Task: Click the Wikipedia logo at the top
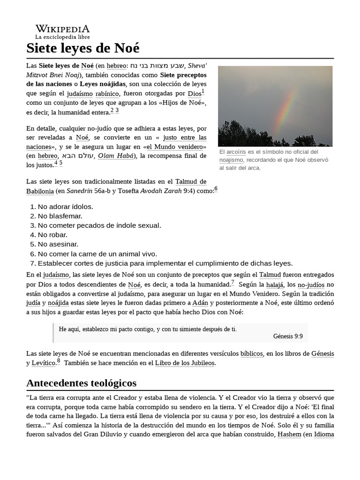(62, 29)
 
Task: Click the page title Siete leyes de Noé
(83, 48)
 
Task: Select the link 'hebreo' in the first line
(116, 66)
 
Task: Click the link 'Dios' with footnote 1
(194, 94)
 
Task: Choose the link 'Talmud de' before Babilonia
(191, 181)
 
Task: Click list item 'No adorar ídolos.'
(65, 207)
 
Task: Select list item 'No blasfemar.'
(60, 216)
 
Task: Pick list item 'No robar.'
(52, 235)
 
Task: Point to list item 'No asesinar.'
(58, 244)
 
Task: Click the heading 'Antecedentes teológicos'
(82, 383)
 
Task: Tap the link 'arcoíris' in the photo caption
(236, 152)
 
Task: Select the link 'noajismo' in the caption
(231, 160)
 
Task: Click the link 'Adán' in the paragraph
(200, 303)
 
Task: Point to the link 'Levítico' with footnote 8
(43, 363)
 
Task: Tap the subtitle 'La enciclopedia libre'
(62, 37)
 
